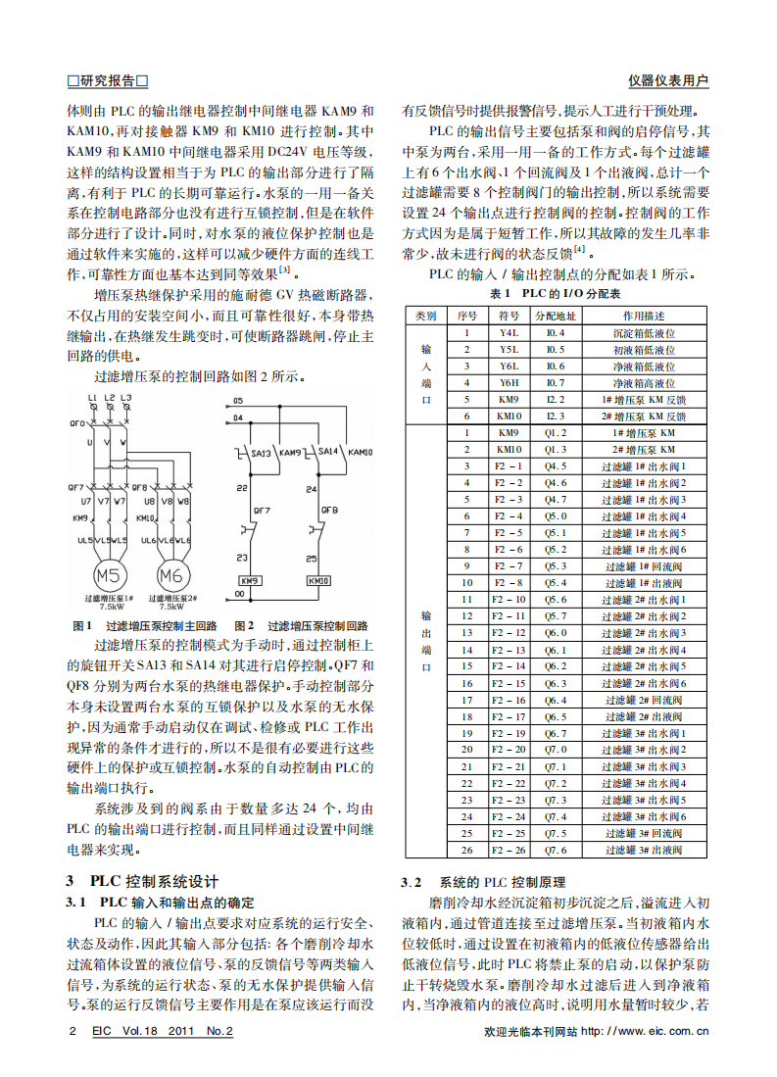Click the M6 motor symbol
[x=171, y=575]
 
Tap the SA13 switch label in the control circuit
[x=260, y=452]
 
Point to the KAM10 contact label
[x=360, y=452]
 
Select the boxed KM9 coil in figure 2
[x=251, y=580]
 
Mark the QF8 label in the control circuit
[x=329, y=510]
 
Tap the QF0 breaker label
[x=77, y=422]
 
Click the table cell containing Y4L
[x=509, y=333]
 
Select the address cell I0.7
[x=556, y=383]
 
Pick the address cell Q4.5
[x=556, y=465]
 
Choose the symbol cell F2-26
[x=509, y=850]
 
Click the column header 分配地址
[x=556, y=316]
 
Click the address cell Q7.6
[x=556, y=850]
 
